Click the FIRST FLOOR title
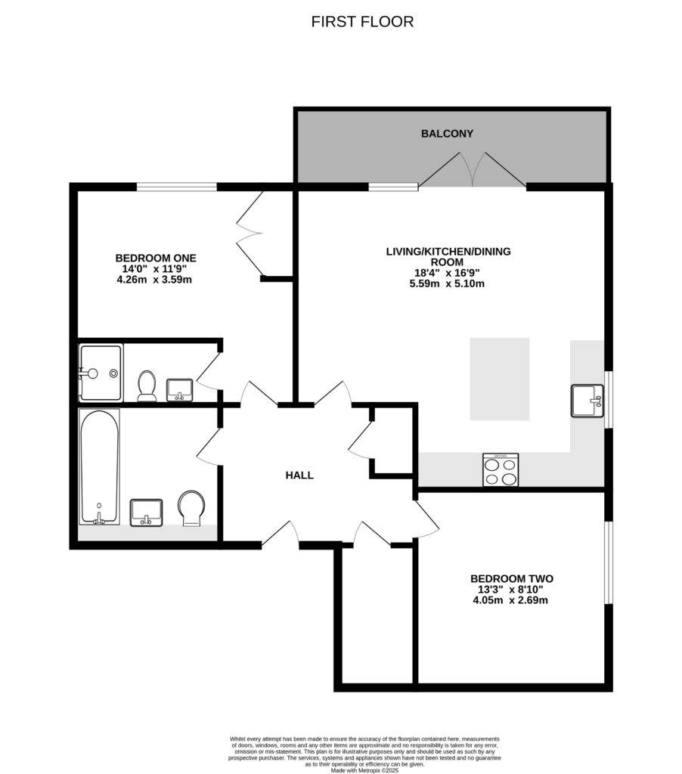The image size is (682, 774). click(362, 22)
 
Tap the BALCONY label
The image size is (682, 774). click(447, 134)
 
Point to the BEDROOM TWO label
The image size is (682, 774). click(507, 578)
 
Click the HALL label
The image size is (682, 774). click(299, 475)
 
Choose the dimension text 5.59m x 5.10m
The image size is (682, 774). click(446, 284)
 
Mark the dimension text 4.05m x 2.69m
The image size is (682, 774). click(507, 601)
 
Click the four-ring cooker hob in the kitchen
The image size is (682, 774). click(501, 469)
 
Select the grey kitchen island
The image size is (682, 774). click(500, 379)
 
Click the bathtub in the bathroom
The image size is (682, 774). click(99, 466)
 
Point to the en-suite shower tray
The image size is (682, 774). click(101, 373)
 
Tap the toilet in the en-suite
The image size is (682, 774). click(147, 385)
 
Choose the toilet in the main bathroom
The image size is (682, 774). click(191, 507)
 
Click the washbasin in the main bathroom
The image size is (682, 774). click(146, 512)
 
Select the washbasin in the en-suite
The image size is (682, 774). click(179, 389)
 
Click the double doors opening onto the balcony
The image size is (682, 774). click(473, 169)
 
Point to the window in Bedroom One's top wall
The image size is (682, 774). click(177, 186)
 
